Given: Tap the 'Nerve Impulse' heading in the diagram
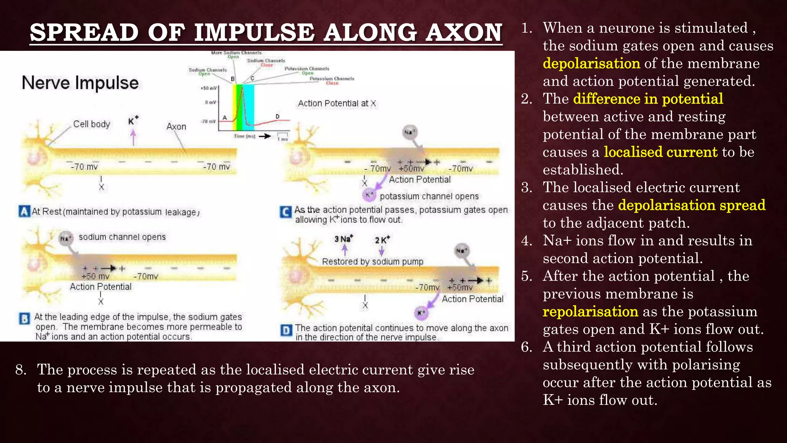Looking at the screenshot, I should click(x=80, y=83).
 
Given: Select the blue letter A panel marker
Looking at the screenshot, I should click(x=24, y=211).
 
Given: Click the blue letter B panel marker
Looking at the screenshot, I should click(x=24, y=318).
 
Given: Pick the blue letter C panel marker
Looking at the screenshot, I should click(x=286, y=212).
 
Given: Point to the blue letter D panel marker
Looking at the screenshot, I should click(x=286, y=330).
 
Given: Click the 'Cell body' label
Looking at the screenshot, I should click(x=91, y=124).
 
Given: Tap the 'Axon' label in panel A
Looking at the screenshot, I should click(x=176, y=127).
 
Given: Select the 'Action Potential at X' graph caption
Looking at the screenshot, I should click(x=337, y=103).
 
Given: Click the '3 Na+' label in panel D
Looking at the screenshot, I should click(x=343, y=239).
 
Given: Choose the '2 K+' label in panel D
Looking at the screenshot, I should click(x=382, y=240).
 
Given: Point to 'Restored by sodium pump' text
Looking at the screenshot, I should click(x=372, y=261).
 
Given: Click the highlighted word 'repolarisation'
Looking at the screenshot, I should click(x=590, y=311).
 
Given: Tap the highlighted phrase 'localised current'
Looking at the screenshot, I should click(x=661, y=152).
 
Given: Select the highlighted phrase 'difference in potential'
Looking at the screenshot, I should click(x=648, y=99).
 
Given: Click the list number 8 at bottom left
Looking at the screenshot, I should click(x=21, y=370).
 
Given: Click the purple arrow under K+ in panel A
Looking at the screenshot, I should click(x=133, y=137).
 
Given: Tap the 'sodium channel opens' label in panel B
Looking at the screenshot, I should click(x=122, y=237).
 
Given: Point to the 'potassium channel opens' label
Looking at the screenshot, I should click(x=429, y=196).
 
